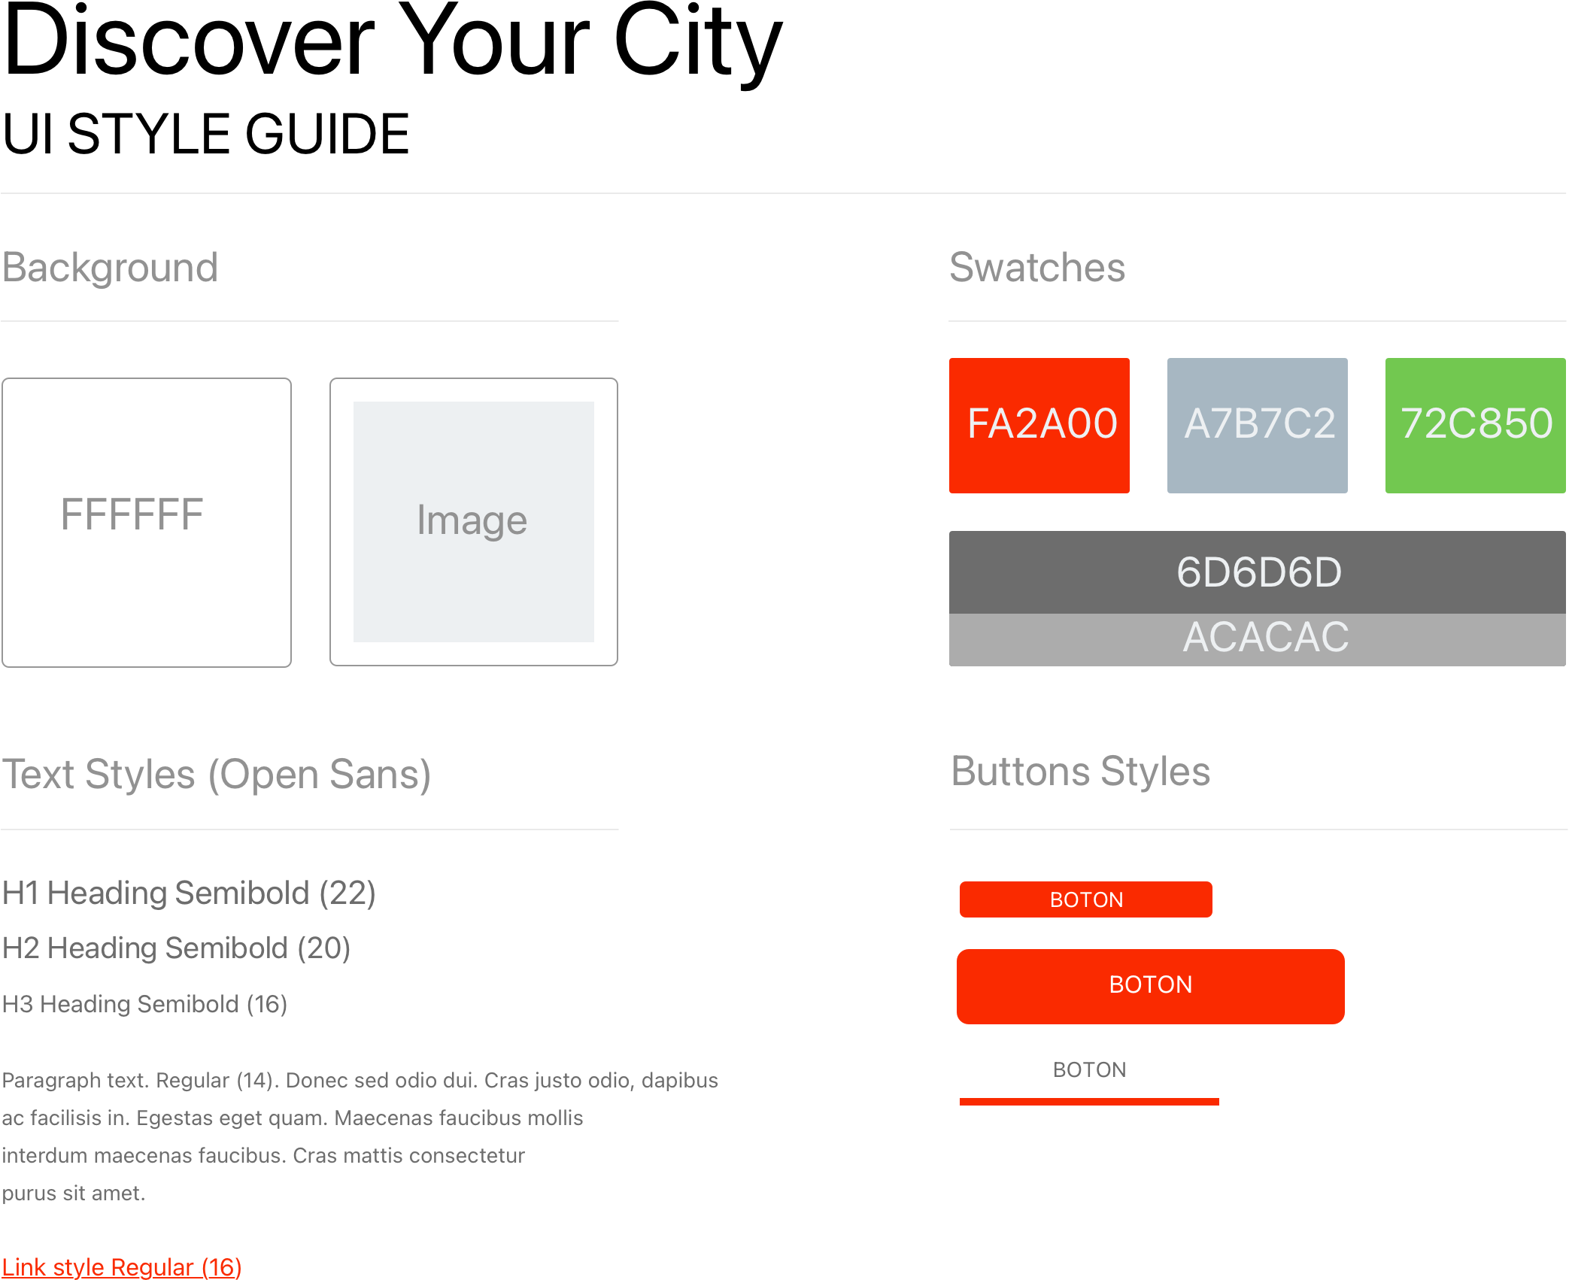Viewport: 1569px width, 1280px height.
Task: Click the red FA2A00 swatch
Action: click(1039, 425)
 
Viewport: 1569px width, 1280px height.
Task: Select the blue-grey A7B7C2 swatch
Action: click(1257, 425)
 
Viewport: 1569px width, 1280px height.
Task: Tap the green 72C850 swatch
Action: click(1475, 425)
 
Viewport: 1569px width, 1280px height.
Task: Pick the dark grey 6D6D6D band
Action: click(1257, 572)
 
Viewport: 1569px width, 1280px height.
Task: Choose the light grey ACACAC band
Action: click(1257, 638)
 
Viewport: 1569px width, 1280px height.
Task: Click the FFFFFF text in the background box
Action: click(132, 515)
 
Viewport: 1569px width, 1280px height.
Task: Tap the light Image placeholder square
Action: click(473, 521)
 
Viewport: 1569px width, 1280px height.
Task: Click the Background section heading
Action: click(110, 268)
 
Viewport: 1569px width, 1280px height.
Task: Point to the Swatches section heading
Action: click(1036, 268)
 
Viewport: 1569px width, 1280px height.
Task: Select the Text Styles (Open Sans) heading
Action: click(216, 775)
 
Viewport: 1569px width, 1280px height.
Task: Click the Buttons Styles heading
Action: click(1080, 772)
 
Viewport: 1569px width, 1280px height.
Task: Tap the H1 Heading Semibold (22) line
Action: click(188, 893)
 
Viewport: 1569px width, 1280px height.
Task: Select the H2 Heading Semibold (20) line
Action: click(176, 948)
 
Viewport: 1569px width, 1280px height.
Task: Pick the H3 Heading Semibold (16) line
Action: click(144, 1004)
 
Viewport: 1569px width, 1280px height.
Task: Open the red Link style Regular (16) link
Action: click(121, 1267)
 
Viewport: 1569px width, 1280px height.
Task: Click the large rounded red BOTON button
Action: click(1150, 985)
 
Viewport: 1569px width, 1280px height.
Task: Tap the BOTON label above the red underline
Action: click(1089, 1070)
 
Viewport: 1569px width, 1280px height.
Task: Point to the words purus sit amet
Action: click(73, 1194)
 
